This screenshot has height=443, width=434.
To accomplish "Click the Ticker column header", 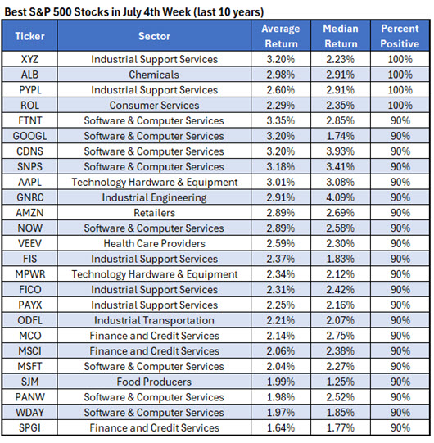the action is pyautogui.click(x=29, y=36).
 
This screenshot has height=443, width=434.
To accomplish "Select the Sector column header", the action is pyautogui.click(x=154, y=36).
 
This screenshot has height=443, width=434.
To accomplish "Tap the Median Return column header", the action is pyautogui.click(x=341, y=36).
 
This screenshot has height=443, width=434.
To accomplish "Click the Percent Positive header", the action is pyautogui.click(x=400, y=36).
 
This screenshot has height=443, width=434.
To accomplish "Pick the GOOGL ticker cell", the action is pyautogui.click(x=29, y=136).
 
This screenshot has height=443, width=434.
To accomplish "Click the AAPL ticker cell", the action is pyautogui.click(x=29, y=183).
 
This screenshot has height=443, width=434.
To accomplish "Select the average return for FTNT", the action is pyautogui.click(x=281, y=120).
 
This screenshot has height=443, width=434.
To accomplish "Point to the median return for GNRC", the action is pyautogui.click(x=341, y=197).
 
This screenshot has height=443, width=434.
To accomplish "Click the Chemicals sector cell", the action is pyautogui.click(x=154, y=75).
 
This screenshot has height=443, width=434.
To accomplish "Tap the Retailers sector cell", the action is pyautogui.click(x=154, y=213).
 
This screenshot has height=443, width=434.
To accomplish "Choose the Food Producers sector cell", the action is pyautogui.click(x=154, y=382).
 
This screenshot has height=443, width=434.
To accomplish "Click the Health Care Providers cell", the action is pyautogui.click(x=154, y=243).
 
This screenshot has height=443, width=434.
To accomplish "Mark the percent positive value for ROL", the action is pyautogui.click(x=400, y=106).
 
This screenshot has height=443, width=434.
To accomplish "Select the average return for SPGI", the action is pyautogui.click(x=281, y=428).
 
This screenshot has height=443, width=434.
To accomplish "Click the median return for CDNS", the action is pyautogui.click(x=341, y=151).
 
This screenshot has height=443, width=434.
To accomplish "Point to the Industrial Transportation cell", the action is pyautogui.click(x=154, y=320).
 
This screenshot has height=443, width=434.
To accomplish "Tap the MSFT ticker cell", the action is pyautogui.click(x=29, y=366).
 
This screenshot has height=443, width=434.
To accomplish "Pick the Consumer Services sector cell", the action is pyautogui.click(x=154, y=106).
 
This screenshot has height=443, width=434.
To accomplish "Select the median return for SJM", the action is pyautogui.click(x=341, y=382).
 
